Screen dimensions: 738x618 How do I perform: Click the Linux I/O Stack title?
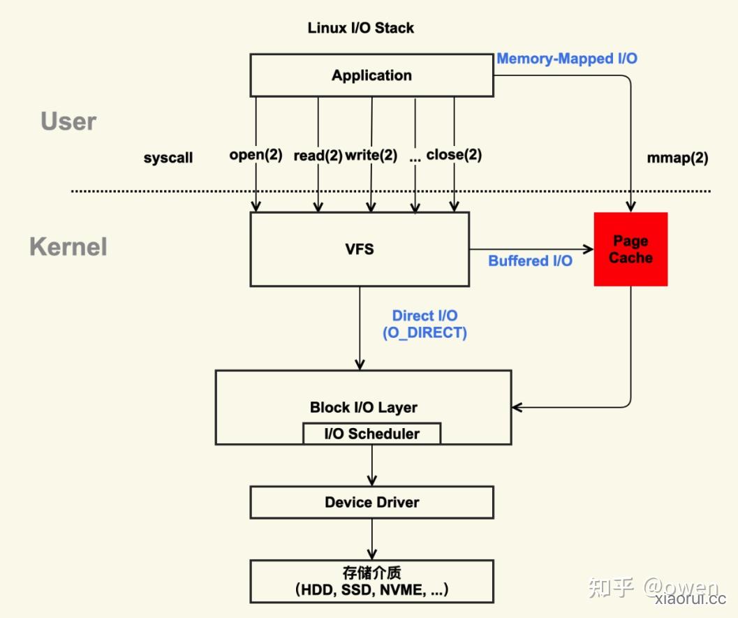(x=360, y=28)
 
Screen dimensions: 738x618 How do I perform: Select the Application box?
(x=371, y=75)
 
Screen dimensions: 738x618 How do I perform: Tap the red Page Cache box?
(x=630, y=249)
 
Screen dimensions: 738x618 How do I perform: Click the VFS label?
(x=360, y=249)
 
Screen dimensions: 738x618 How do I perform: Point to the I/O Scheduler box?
(x=372, y=434)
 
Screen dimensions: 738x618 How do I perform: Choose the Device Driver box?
(x=371, y=502)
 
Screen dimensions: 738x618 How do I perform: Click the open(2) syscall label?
(x=256, y=155)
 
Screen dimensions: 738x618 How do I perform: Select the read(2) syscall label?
(x=318, y=155)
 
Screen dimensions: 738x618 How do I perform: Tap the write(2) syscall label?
(x=371, y=155)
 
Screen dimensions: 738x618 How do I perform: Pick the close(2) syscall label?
(x=454, y=155)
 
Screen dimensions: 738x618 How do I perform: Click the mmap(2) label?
(x=677, y=158)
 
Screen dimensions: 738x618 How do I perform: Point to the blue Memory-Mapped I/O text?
(x=567, y=59)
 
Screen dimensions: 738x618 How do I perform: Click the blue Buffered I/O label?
(x=530, y=260)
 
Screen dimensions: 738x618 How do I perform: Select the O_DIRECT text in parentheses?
(x=425, y=333)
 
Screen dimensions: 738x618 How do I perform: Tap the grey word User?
(x=68, y=121)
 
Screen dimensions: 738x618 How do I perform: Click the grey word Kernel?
(x=68, y=247)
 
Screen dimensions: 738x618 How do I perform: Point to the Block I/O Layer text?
(x=363, y=408)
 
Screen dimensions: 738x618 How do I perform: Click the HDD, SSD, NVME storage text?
(x=371, y=590)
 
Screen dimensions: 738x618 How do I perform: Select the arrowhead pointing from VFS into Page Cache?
(x=589, y=249)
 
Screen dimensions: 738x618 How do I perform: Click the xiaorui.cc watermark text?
(x=691, y=598)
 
